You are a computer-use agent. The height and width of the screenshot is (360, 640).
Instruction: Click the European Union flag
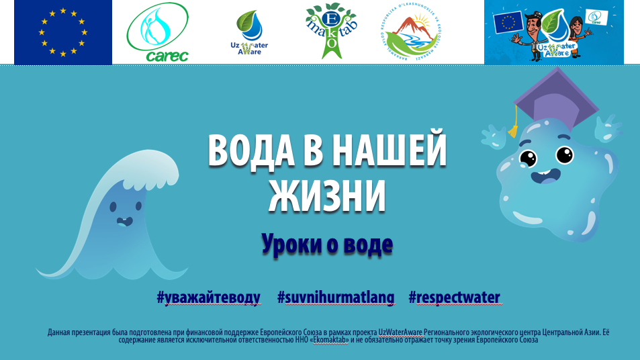point(63,32)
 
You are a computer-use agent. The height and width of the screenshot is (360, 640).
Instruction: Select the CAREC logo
point(158,34)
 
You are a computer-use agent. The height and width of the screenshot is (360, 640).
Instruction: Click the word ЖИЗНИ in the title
point(328,195)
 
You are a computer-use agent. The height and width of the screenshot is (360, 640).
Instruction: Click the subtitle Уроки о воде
point(327,244)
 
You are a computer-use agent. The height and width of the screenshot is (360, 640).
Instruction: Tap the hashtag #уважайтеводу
point(208,298)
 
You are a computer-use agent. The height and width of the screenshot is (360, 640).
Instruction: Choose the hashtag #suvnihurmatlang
point(334,298)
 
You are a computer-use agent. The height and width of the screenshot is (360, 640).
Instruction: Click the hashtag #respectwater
point(455,298)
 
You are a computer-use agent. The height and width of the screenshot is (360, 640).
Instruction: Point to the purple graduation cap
point(556,97)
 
